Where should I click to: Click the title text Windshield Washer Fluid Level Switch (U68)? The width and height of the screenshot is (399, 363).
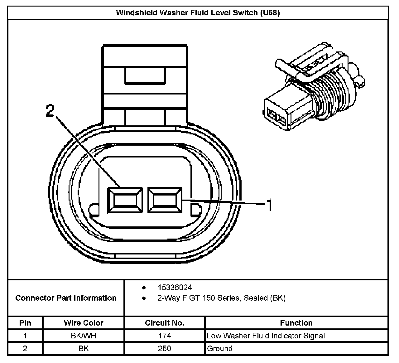point(198,13)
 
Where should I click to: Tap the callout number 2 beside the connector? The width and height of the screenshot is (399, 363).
point(50,111)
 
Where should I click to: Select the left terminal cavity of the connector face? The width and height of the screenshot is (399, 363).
point(125,200)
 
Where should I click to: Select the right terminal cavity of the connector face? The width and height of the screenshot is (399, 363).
point(165,200)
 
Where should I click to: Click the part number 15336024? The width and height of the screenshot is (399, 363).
point(175,287)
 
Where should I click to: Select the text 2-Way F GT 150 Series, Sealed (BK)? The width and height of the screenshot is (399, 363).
point(221,298)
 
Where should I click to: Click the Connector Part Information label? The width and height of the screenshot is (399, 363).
point(66,298)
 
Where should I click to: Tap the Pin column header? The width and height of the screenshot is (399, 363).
point(25,323)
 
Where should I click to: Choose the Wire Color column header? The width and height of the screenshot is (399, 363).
point(84,323)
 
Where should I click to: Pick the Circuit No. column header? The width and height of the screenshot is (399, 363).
point(165,323)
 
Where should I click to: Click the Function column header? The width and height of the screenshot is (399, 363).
point(296,323)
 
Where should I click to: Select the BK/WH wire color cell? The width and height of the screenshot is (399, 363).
point(84,336)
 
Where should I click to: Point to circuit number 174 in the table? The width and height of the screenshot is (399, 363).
point(165,336)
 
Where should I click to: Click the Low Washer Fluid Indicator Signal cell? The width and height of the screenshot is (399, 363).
point(266,336)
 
